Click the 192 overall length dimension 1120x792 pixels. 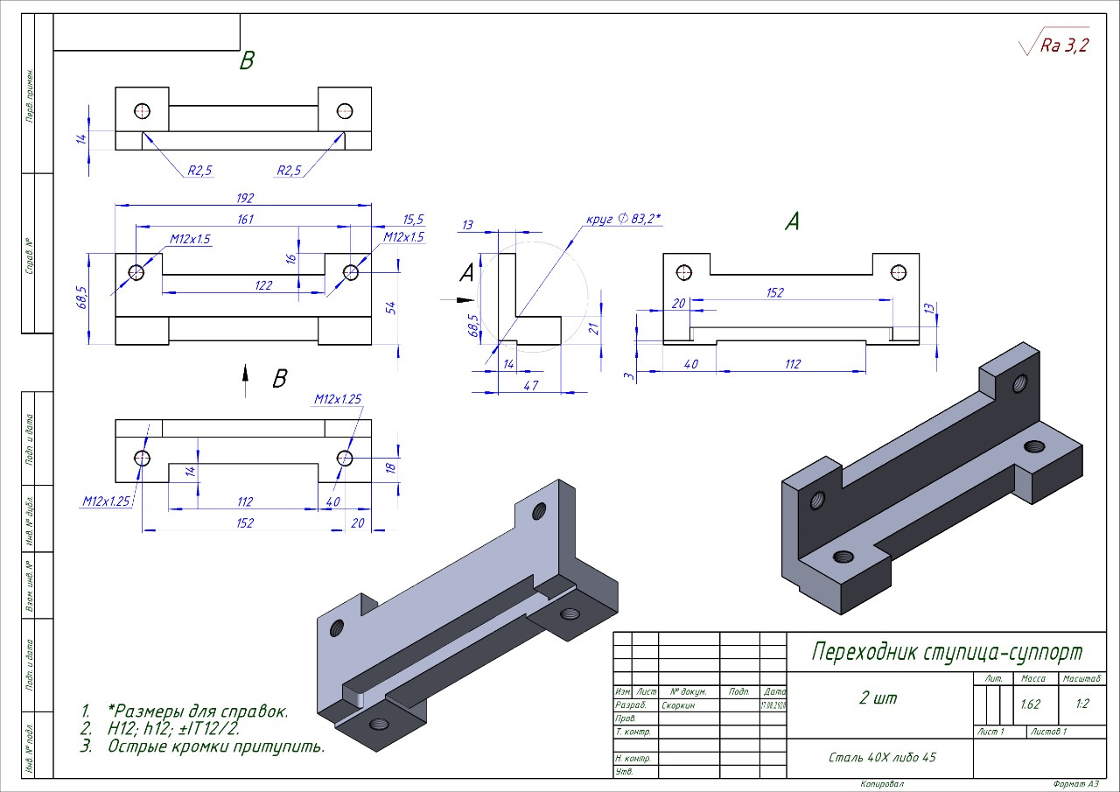coord(244,198)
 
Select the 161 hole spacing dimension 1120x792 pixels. coord(244,219)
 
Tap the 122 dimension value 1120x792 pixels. coord(263,285)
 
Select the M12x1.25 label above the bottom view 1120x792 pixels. coord(338,399)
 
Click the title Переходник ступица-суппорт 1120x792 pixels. coord(947,652)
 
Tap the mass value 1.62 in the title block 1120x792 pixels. coord(1030,704)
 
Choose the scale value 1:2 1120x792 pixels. coord(1082,704)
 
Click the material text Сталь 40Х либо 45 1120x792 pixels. coord(882,757)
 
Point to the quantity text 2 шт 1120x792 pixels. coord(878,698)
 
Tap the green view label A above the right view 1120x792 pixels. coord(792,222)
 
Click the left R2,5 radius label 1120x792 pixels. coord(199,171)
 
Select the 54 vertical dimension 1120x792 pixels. coord(391,307)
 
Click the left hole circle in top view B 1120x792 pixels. coord(143,111)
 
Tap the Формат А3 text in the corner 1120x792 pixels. coord(1075,784)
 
